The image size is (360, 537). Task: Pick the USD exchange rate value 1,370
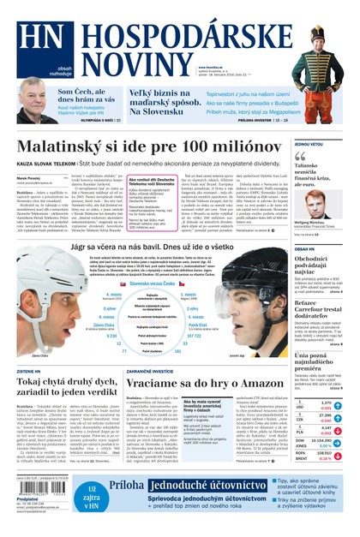[325, 403]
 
